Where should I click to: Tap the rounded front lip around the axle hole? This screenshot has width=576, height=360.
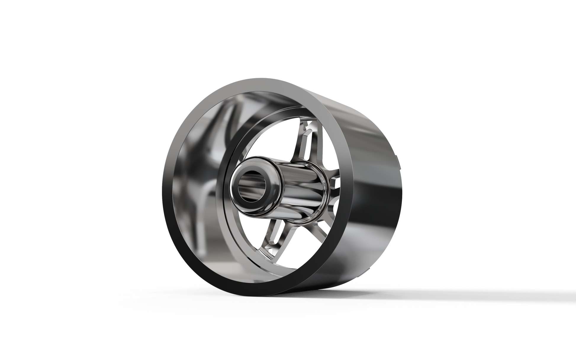237,192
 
